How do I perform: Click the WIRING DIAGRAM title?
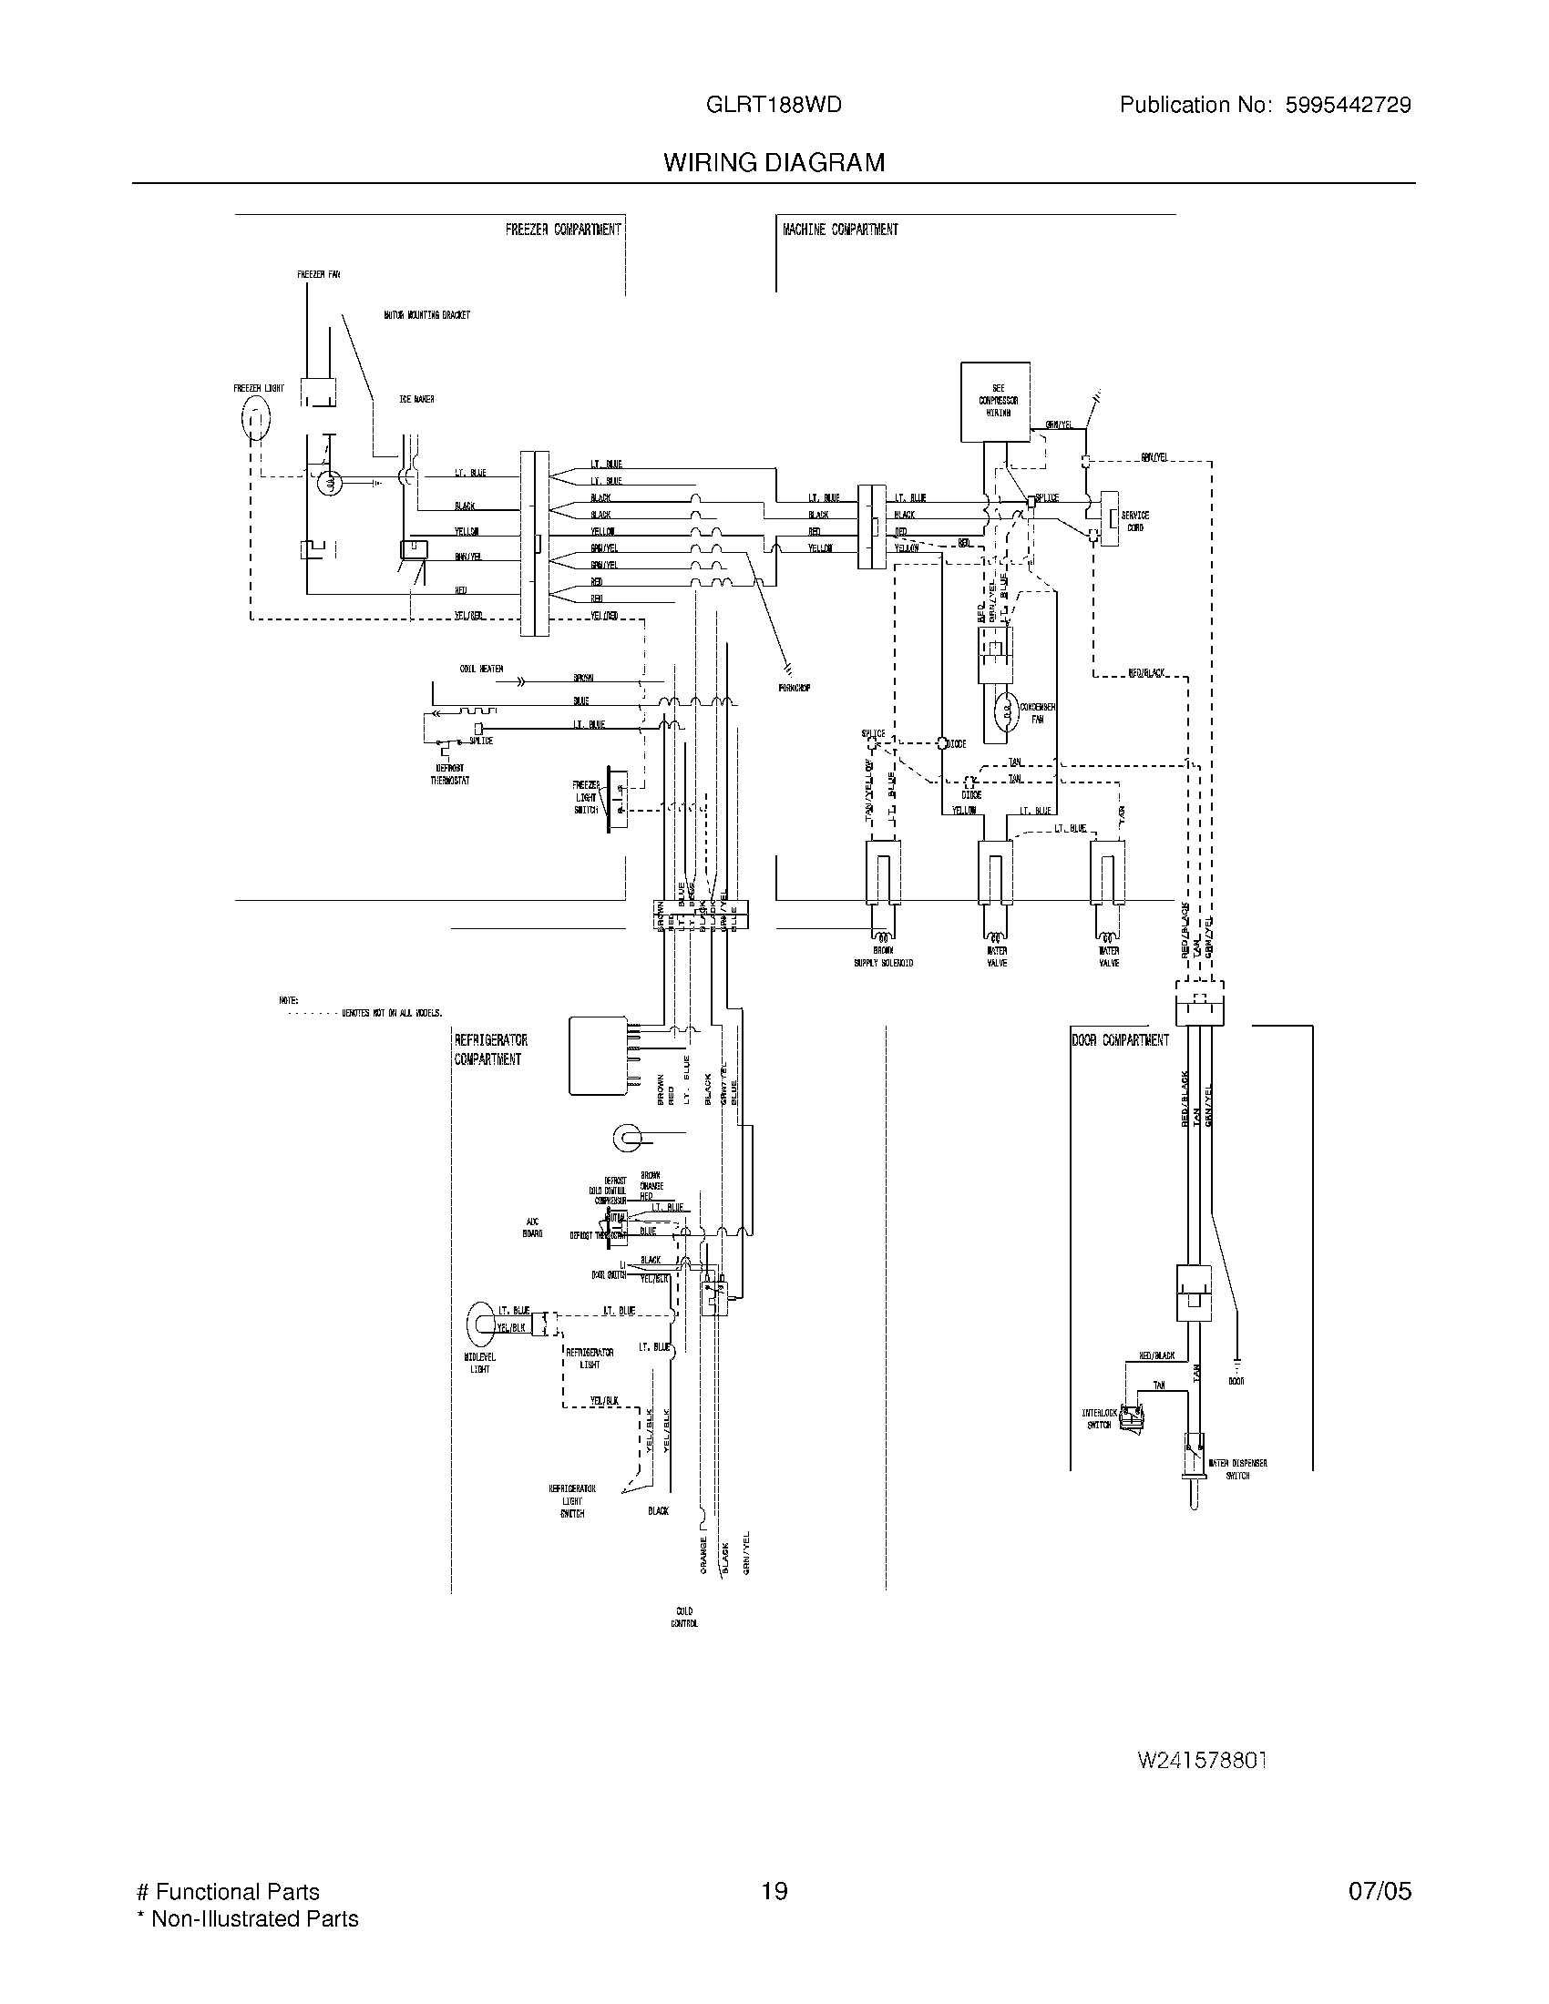click(x=774, y=162)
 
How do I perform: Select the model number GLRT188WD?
click(x=774, y=105)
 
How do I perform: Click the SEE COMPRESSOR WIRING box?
click(x=997, y=401)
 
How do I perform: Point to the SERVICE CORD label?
click(x=1134, y=521)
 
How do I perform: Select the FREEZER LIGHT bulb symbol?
click(x=256, y=420)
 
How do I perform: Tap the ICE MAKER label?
click(x=416, y=399)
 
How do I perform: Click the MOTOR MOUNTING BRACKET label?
click(x=426, y=315)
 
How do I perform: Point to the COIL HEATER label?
click(x=481, y=669)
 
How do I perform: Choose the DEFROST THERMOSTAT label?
click(x=449, y=774)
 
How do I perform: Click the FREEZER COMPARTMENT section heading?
click(x=562, y=230)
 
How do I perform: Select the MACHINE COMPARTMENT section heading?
click(x=840, y=230)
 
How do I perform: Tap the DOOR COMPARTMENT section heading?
click(x=1120, y=1040)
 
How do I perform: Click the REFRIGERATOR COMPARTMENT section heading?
click(x=490, y=1049)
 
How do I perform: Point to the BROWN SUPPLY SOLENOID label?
click(x=883, y=957)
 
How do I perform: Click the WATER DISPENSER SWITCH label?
click(x=1237, y=1469)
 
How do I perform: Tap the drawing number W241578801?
click(x=1201, y=1760)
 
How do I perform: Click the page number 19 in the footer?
click(x=774, y=1892)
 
